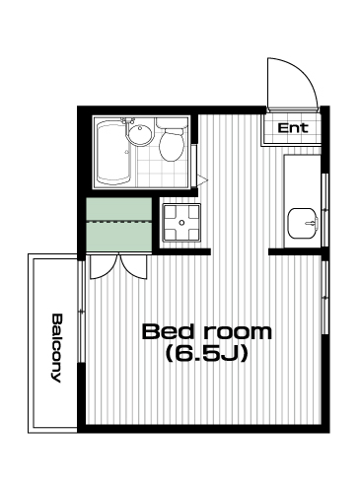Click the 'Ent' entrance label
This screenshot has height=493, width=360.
(293, 127)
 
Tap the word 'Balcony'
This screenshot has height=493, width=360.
(57, 348)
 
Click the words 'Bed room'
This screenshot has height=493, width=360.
(207, 332)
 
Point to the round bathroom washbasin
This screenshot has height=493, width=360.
(140, 135)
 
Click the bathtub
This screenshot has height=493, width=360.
(114, 153)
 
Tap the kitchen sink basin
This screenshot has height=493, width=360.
(303, 224)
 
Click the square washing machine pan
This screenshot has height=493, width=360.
(181, 223)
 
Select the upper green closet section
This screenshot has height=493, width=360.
(119, 209)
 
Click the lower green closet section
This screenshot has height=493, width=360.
(119, 237)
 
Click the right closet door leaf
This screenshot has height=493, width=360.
(133, 266)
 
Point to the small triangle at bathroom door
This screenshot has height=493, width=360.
(203, 179)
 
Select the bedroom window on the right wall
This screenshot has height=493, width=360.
(325, 298)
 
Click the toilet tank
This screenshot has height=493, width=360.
(173, 123)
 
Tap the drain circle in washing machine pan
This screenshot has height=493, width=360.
(181, 223)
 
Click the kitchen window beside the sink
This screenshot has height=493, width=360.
(325, 209)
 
